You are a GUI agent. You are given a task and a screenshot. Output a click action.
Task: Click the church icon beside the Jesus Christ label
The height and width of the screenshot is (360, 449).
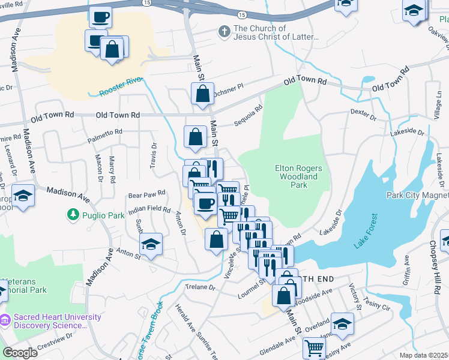224,31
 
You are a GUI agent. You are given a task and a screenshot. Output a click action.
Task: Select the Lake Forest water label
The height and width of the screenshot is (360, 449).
365,230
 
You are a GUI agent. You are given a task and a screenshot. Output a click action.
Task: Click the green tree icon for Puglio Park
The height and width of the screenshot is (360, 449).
73,214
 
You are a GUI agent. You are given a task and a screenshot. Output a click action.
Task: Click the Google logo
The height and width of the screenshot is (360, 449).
20,353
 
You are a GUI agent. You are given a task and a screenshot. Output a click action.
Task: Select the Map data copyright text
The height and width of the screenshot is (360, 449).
424,355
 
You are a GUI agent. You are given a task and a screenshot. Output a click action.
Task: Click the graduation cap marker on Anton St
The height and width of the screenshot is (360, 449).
151,244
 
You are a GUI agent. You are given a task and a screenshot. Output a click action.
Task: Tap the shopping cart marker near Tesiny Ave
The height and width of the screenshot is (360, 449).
315,347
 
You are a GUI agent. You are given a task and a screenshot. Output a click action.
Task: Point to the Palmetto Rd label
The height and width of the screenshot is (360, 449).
105,131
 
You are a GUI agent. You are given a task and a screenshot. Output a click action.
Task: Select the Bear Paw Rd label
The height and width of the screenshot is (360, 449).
146,195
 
